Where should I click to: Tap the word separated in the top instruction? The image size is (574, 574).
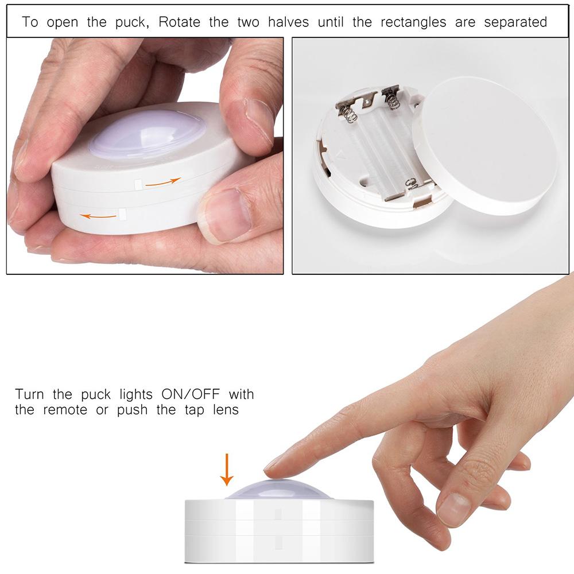(x=515, y=22)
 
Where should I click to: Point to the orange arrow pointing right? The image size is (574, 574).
(x=162, y=182)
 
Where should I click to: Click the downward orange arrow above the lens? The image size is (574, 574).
(x=227, y=469)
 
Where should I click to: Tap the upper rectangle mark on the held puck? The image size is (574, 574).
(x=137, y=184)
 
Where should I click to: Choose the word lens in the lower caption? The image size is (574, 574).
(x=225, y=410)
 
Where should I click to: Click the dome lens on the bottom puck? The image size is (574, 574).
(x=279, y=490)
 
